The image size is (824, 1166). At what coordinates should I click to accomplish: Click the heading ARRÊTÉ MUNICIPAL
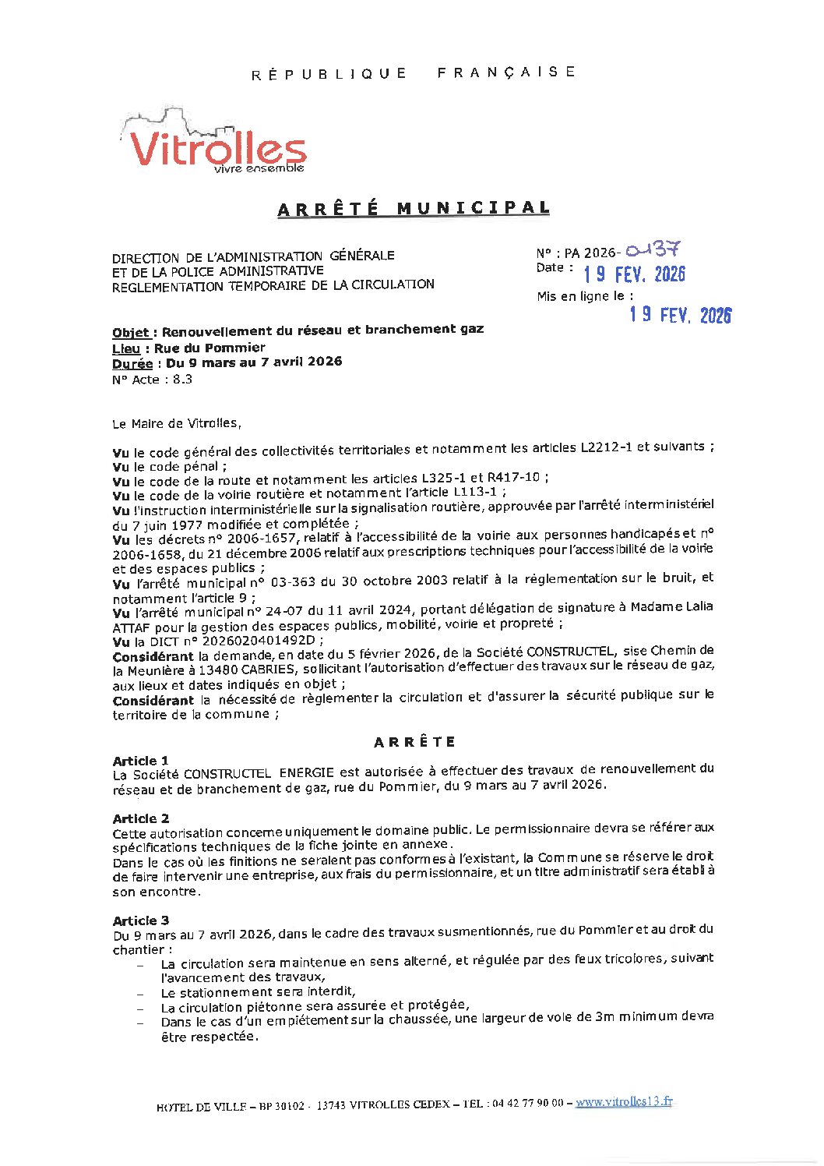point(414,208)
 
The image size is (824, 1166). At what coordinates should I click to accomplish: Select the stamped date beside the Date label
point(634,274)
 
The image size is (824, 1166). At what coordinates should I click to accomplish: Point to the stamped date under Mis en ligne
point(680,314)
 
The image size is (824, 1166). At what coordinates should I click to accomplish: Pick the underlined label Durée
point(132,363)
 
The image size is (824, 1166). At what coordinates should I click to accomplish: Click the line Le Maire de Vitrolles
point(177,424)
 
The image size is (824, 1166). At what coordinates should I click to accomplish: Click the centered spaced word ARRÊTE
point(414,742)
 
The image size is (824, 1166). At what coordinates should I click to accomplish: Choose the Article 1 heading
point(140,761)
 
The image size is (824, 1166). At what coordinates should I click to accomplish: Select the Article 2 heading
point(140,818)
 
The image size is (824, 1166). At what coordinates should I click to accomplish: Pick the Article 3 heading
point(140,920)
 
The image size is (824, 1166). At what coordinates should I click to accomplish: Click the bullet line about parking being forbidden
point(258,992)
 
